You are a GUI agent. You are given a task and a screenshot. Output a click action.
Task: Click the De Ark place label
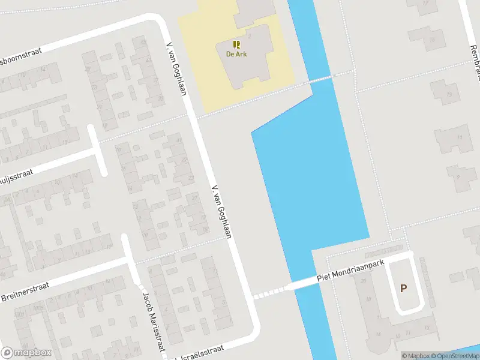(236, 53)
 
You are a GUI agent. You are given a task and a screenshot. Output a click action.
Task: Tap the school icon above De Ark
(236, 44)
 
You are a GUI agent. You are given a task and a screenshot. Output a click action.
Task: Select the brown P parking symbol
(403, 288)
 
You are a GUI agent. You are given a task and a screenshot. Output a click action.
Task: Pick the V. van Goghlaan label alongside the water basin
(221, 212)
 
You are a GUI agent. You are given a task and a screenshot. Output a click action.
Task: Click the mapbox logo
(26, 353)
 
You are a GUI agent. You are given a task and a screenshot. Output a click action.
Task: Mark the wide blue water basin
(312, 180)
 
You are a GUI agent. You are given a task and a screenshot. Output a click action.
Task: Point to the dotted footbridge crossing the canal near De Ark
(320, 79)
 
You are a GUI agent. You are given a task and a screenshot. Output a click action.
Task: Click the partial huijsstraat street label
(15, 175)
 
